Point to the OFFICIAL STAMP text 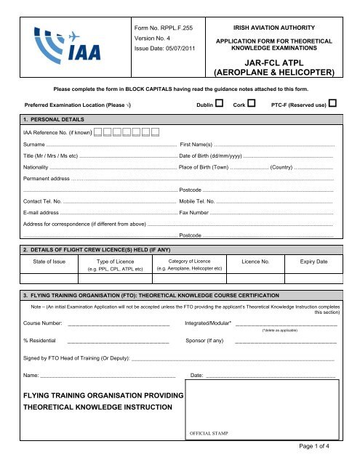[x=209, y=433]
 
